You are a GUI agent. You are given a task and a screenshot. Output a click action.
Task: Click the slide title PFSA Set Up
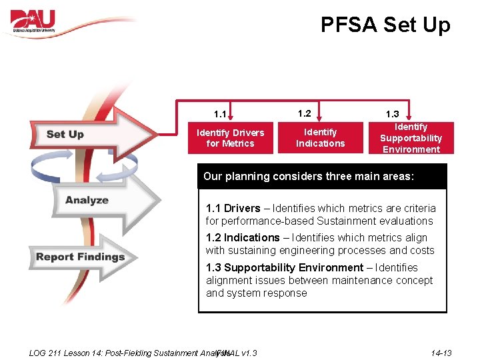(385, 25)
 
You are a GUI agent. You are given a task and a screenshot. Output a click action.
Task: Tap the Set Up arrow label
(65, 134)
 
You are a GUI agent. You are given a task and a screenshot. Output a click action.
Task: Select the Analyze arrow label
(87, 200)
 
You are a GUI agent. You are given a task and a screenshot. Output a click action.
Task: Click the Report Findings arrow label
(80, 257)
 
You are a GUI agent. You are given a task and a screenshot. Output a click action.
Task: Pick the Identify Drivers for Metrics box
(230, 138)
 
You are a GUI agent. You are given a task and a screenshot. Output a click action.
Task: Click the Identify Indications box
(321, 138)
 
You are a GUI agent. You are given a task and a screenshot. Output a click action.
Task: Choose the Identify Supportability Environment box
(411, 138)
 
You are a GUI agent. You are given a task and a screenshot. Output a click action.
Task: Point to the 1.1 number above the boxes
(220, 114)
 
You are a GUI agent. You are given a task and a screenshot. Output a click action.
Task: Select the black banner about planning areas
(322, 177)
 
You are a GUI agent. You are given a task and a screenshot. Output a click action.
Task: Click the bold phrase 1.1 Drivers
(233, 208)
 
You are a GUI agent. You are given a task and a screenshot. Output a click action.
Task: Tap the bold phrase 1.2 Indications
(243, 237)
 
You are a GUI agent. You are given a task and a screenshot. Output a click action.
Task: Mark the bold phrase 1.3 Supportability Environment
(285, 267)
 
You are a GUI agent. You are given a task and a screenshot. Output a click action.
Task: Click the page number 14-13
(441, 353)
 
